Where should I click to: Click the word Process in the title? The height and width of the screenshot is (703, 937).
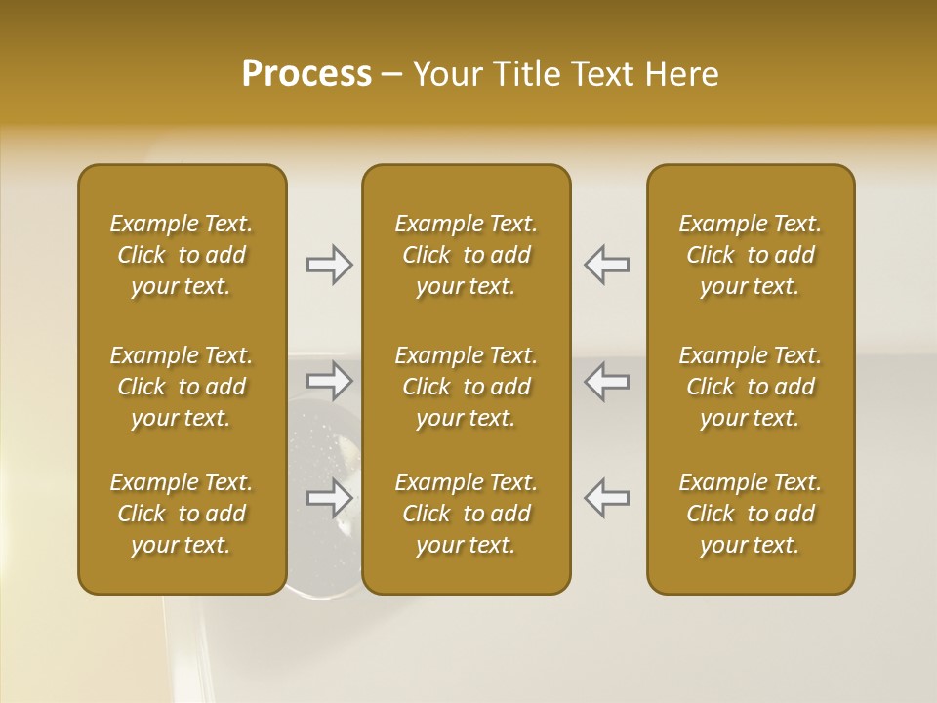tap(306, 74)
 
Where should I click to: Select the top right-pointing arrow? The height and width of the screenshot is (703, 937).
tap(330, 264)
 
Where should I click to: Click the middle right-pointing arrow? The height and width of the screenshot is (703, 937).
tap(330, 381)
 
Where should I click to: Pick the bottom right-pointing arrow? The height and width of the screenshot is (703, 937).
tap(330, 498)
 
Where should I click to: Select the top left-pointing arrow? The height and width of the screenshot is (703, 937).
tap(607, 264)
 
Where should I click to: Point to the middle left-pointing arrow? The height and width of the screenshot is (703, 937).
tap(607, 381)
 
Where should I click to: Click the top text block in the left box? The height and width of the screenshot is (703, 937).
tap(182, 255)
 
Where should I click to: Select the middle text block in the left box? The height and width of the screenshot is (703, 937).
tap(182, 387)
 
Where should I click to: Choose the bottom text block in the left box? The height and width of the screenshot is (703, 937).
tap(182, 514)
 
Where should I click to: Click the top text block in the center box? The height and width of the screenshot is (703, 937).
tap(467, 255)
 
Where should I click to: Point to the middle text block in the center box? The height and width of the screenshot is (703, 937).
tap(467, 387)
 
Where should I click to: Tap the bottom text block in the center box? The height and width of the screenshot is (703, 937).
tap(467, 514)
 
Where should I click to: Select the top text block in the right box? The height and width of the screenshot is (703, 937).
tap(751, 255)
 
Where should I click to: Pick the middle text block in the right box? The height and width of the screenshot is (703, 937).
tap(751, 387)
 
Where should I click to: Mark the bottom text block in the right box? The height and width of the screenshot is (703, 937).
tap(751, 514)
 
